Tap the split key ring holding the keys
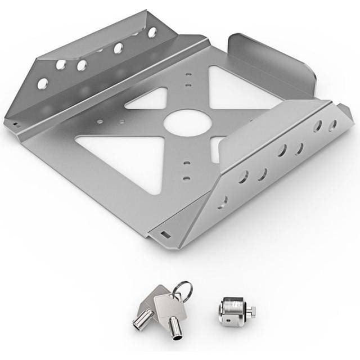(x=183, y=290)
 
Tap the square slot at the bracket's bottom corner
(x=165, y=233)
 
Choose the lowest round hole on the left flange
(x=42, y=84)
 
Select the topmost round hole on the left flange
(x=152, y=33)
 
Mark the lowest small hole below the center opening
(x=186, y=178)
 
